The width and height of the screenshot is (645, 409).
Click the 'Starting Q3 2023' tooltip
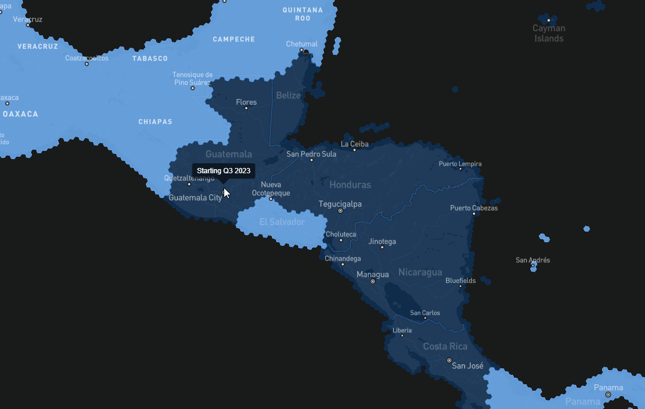point(224,171)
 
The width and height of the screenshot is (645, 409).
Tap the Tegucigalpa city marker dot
point(340,210)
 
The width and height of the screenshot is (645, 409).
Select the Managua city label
point(373,274)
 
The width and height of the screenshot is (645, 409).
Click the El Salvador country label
point(282,222)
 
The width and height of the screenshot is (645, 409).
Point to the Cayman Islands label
point(548,33)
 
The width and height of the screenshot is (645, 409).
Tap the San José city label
point(467,366)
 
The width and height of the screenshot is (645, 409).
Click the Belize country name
point(288,95)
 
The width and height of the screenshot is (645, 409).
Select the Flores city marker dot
point(246,108)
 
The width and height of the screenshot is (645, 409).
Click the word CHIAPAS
point(155,122)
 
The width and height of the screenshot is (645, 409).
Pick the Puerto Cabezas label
point(474,208)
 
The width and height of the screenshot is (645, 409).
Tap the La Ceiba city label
point(355,144)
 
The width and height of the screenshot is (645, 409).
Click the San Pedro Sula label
point(311,154)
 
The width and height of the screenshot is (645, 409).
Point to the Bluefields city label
point(460,281)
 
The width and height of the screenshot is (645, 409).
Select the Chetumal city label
point(301,44)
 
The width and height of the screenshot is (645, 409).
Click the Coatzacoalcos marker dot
point(87,64)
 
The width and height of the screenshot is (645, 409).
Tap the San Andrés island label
point(533,260)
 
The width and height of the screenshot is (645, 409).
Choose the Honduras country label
point(350,184)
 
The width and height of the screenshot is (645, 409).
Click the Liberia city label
point(402,330)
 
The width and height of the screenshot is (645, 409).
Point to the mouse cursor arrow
point(226,193)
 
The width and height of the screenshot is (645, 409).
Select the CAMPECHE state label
point(234,39)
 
